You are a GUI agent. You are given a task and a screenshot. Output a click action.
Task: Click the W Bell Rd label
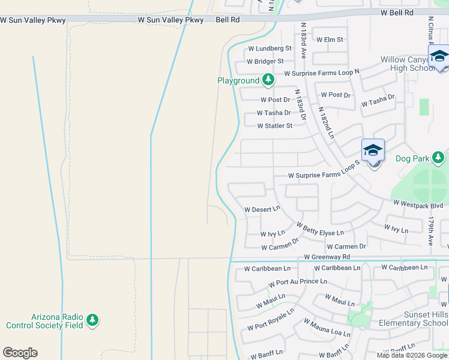click(x=397, y=12)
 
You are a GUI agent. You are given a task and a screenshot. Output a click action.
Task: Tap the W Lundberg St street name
click(x=270, y=48)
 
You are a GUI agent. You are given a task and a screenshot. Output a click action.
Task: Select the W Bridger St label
click(x=264, y=61)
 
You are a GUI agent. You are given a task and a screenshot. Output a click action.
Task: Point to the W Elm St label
click(x=330, y=40)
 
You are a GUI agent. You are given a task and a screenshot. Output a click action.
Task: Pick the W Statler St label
click(x=274, y=126)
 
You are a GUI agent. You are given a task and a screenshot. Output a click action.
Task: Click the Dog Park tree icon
click(x=439, y=158)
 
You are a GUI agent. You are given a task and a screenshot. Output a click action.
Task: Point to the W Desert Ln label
click(x=262, y=209)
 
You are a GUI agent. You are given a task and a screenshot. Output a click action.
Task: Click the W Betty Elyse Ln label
click(x=320, y=229)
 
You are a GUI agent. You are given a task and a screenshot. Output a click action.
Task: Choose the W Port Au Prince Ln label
click(x=298, y=282)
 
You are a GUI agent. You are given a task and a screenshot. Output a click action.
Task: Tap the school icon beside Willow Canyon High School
click(x=439, y=57)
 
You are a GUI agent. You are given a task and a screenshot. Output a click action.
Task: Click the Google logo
click(x=20, y=353)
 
